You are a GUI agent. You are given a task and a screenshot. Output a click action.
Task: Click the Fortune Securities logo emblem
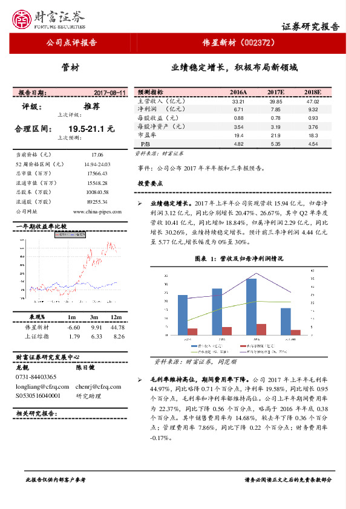24,18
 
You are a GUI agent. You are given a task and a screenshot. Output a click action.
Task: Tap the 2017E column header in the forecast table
276,91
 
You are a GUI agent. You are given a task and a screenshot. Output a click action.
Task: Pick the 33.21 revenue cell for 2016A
238,101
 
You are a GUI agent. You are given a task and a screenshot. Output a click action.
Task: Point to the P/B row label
145,144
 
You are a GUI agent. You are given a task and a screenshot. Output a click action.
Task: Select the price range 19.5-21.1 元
91,129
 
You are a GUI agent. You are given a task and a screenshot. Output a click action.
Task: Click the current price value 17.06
97,155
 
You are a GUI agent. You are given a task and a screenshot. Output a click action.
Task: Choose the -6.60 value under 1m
74,327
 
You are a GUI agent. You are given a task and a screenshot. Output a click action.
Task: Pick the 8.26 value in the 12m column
119,336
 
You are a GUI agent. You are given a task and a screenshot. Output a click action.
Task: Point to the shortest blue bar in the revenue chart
285,321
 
